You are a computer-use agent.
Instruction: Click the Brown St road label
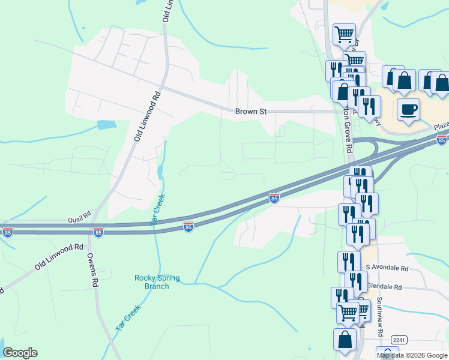[x=251, y=112]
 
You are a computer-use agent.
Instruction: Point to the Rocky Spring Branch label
[x=151, y=282]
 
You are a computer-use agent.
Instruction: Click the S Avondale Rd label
[x=387, y=268]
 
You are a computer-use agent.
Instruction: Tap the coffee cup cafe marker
[x=408, y=110]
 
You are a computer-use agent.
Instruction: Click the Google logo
[x=20, y=353]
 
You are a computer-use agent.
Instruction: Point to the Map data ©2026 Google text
[x=412, y=355]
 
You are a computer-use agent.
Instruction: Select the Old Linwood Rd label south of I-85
[x=58, y=256]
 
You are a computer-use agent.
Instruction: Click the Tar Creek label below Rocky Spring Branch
[x=127, y=319]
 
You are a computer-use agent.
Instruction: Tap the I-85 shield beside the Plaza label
[x=442, y=140]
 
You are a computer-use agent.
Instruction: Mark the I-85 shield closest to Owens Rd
[x=98, y=231]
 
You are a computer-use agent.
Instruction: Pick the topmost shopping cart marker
[x=344, y=34]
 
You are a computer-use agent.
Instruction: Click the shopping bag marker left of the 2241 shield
[x=345, y=339]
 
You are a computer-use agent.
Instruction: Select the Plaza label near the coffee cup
[x=442, y=127]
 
